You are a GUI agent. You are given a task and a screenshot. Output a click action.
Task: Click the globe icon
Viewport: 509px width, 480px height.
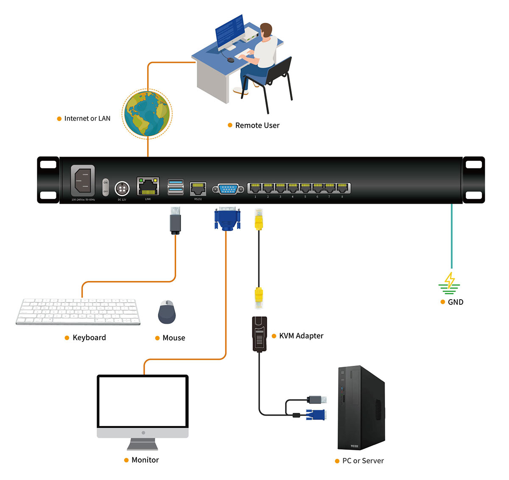tap(147, 113)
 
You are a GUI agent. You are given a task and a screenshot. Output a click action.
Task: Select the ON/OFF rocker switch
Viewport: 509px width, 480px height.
tap(106, 187)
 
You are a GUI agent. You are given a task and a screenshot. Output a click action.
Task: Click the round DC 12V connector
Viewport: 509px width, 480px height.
tap(122, 188)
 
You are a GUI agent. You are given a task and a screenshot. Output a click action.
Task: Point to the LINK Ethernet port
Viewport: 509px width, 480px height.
tap(148, 186)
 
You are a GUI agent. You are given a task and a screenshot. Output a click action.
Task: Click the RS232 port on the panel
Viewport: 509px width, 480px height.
tap(198, 188)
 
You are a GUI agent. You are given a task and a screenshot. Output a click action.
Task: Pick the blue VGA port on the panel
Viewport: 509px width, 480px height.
tap(228, 189)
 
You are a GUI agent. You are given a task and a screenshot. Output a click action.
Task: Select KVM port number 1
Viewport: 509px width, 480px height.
tap(255, 188)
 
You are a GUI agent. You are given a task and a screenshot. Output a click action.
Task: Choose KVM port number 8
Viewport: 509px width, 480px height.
tap(342, 188)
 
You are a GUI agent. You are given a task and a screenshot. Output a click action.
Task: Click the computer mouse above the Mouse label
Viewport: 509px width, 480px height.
tap(167, 312)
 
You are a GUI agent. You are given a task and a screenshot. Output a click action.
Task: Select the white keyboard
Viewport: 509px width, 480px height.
tap(78, 312)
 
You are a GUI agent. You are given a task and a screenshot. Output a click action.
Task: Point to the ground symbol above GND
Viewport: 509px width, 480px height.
tap(449, 283)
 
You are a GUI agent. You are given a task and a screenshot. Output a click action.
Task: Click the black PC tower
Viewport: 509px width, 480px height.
tap(361, 407)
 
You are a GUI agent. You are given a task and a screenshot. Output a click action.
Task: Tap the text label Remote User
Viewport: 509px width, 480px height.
tap(257, 125)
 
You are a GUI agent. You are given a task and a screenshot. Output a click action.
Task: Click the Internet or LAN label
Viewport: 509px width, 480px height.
tap(87, 118)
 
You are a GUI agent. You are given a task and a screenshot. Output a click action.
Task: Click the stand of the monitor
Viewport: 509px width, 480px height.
tap(143, 444)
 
